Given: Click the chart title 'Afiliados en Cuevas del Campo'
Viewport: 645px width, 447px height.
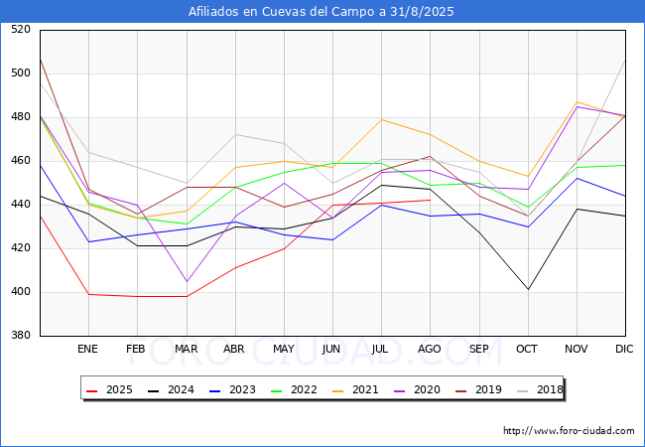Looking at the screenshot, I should click(322, 12).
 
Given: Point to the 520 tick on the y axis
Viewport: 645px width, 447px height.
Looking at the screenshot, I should click(20, 30).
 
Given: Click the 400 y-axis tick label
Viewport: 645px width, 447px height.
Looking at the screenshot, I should click(20, 292).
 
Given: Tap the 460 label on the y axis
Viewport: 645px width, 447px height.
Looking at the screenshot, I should click(20, 161).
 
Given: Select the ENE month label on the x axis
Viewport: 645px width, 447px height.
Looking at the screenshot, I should click(88, 349).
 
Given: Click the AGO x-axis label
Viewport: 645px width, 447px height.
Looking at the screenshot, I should click(430, 349).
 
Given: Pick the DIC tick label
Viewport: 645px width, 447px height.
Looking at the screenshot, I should click(625, 349).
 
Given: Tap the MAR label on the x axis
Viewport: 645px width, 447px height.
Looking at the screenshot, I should click(186, 349).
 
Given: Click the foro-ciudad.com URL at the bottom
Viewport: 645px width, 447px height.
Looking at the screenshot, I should click(569, 431).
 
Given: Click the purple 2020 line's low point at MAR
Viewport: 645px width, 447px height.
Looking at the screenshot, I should click(186, 281).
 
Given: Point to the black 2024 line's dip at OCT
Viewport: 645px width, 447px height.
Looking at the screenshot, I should click(527, 289).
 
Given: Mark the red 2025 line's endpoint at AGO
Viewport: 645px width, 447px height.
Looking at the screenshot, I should click(430, 200).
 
